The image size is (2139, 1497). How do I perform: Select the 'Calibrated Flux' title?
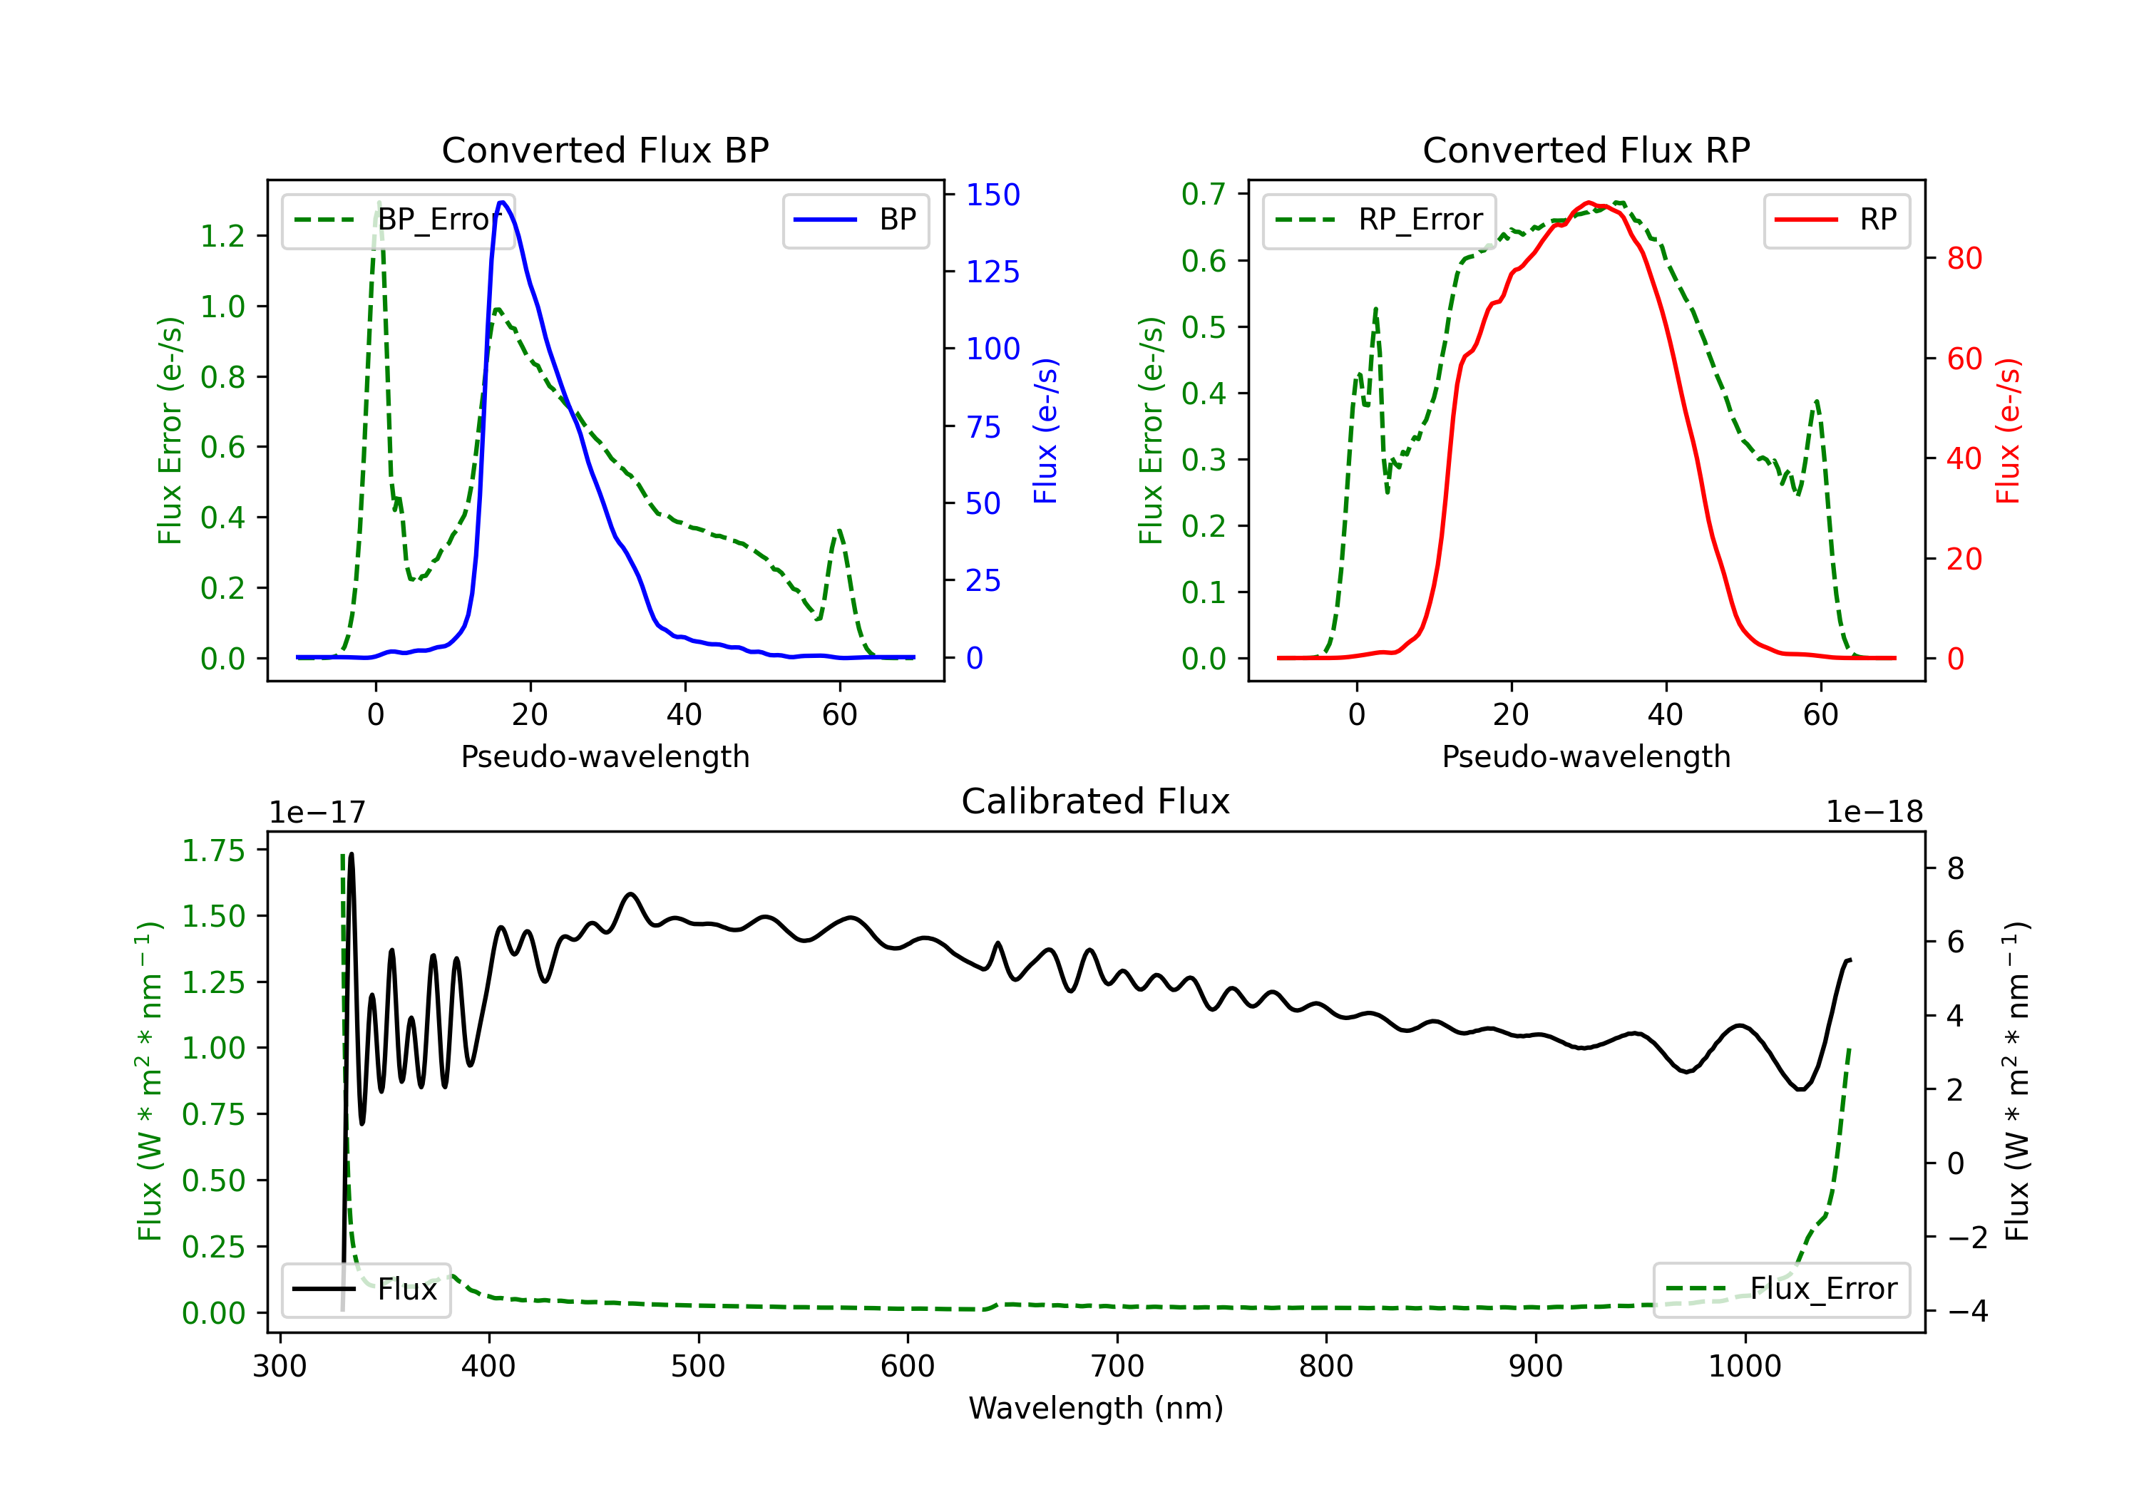pyautogui.click(x=1096, y=801)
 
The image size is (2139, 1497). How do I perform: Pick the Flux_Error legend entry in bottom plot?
pyautogui.click(x=1781, y=1290)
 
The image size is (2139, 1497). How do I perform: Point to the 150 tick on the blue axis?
pyautogui.click(x=992, y=195)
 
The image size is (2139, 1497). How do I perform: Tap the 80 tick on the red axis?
pyautogui.click(x=1964, y=259)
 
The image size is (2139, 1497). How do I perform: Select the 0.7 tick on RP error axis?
pyautogui.click(x=1204, y=195)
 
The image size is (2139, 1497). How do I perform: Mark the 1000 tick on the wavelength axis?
pyautogui.click(x=1744, y=1367)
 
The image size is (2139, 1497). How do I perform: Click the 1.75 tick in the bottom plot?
pyautogui.click(x=213, y=850)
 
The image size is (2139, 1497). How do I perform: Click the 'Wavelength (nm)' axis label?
pyautogui.click(x=1096, y=1409)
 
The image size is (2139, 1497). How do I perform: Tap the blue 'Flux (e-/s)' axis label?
pyautogui.click(x=1045, y=431)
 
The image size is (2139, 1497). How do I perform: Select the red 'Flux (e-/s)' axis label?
pyautogui.click(x=2008, y=431)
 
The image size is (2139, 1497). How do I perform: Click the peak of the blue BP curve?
pyautogui.click(x=502, y=202)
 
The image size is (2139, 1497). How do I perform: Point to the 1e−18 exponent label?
pyautogui.click(x=1874, y=813)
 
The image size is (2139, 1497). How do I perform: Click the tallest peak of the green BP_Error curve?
pyautogui.click(x=378, y=203)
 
